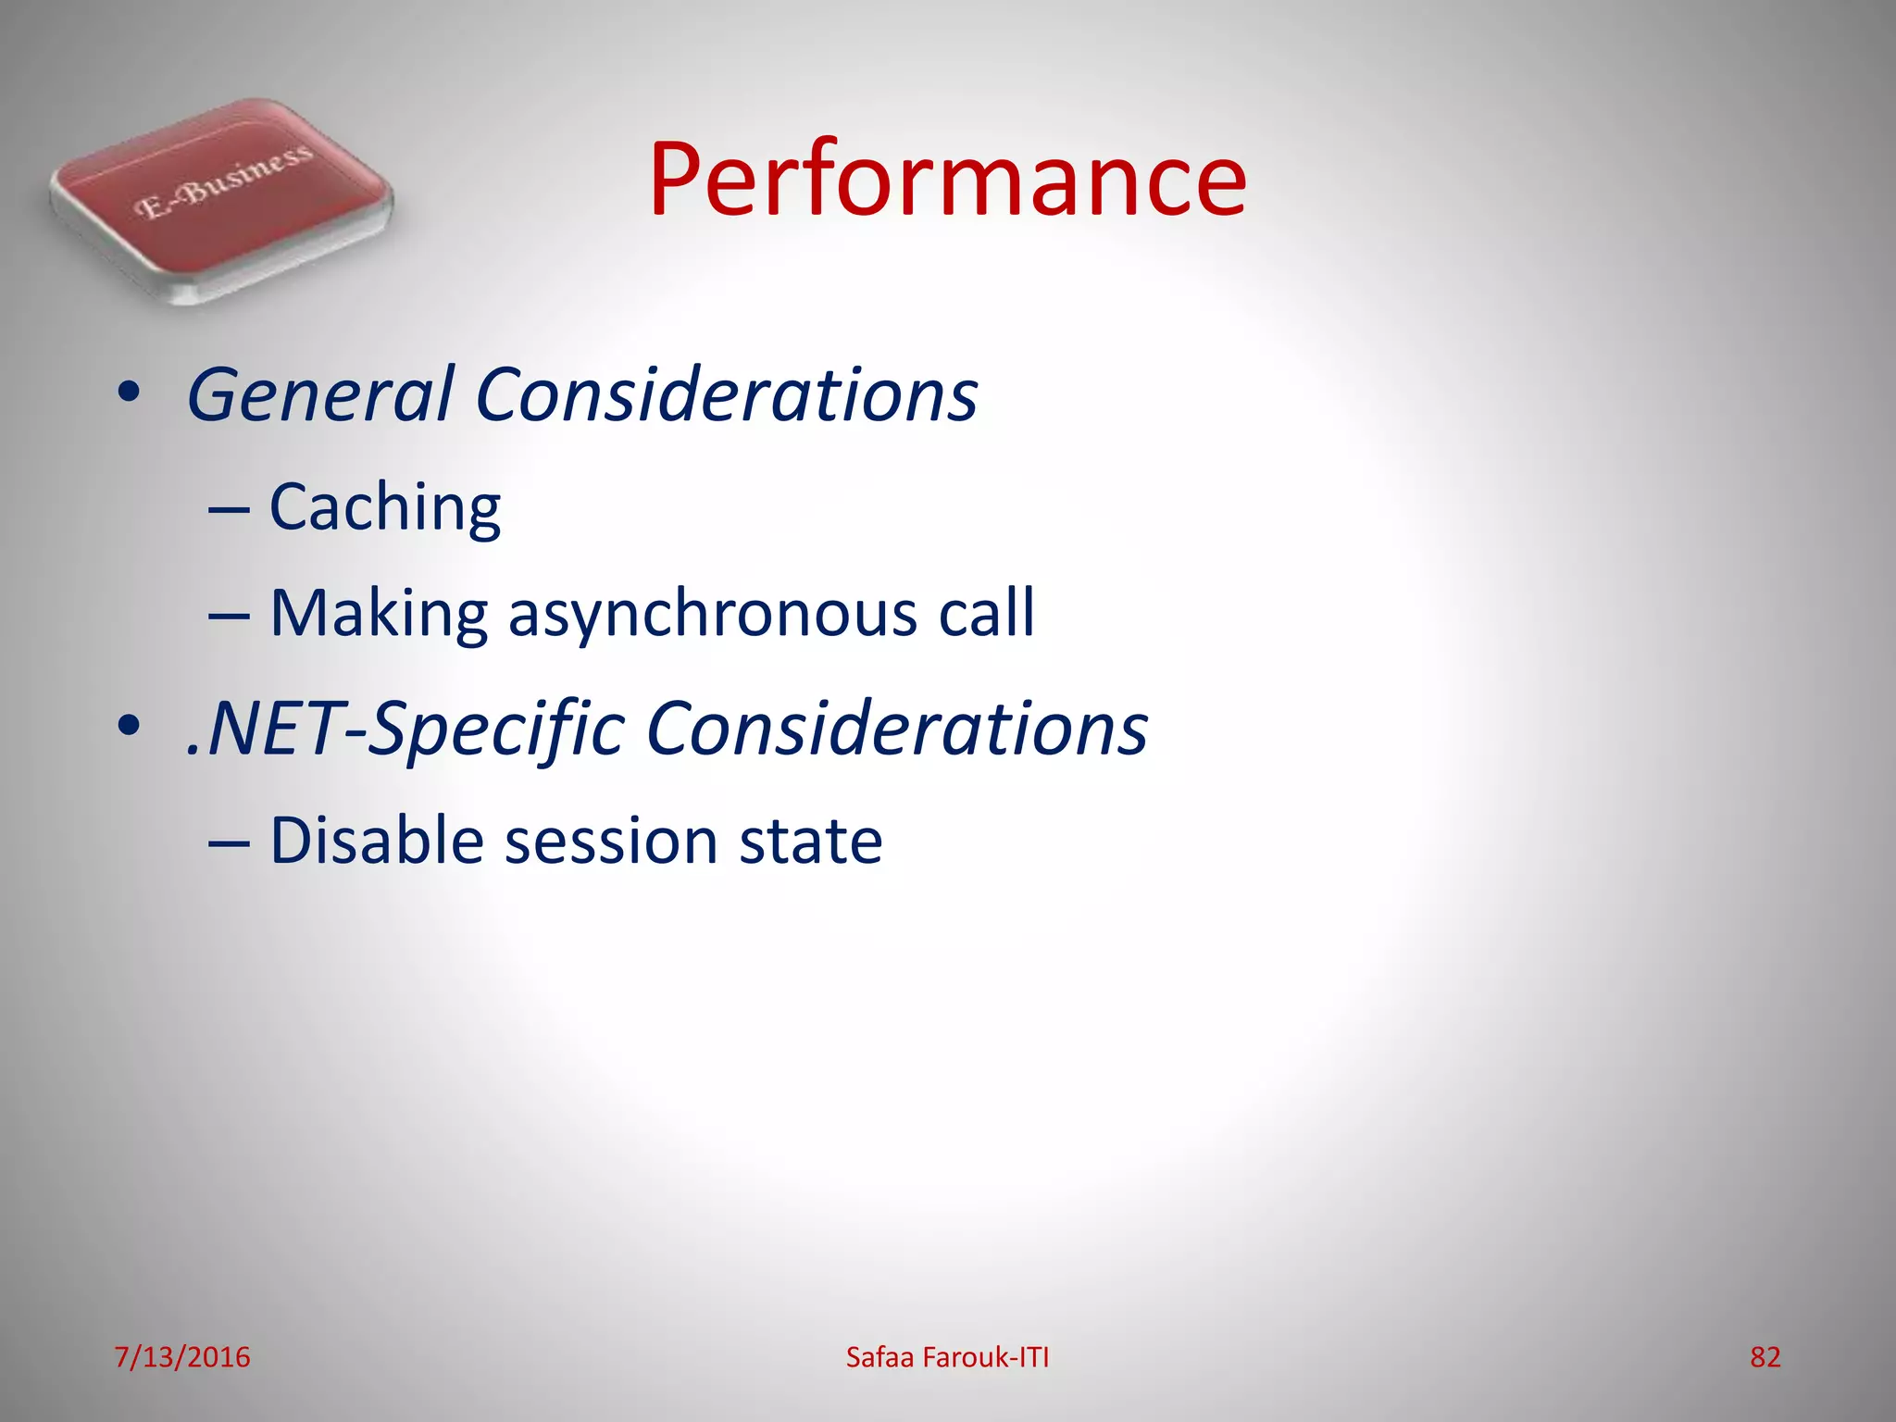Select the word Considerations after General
pyautogui.click(x=726, y=395)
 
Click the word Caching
pyautogui.click(x=384, y=508)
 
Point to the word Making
pyautogui.click(x=378, y=614)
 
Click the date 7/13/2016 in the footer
pyautogui.click(x=182, y=1357)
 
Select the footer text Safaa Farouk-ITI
pyautogui.click(x=947, y=1357)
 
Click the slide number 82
pyautogui.click(x=1765, y=1357)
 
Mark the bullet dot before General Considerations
pyautogui.click(x=129, y=393)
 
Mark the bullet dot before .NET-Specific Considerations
pyautogui.click(x=129, y=727)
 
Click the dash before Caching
pyautogui.click(x=228, y=510)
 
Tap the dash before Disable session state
pyautogui.click(x=228, y=842)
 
